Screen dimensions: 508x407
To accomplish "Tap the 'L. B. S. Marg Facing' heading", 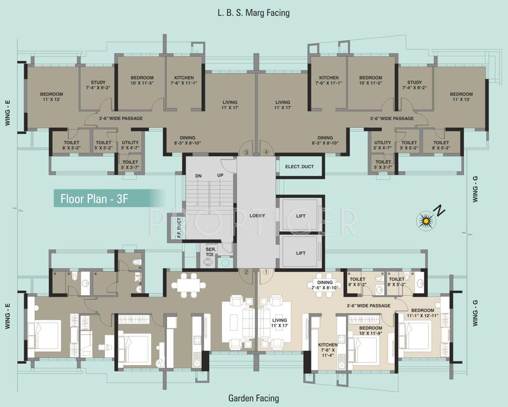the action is (253, 13).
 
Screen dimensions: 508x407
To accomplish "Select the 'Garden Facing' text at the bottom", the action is (254, 398).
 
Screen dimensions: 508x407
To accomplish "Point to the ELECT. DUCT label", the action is (299, 166).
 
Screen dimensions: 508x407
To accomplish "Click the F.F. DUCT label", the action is (180, 228).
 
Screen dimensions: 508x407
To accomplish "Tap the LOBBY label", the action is (257, 216).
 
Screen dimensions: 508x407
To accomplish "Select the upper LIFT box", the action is (300, 215).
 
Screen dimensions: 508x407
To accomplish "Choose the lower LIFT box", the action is (300, 253).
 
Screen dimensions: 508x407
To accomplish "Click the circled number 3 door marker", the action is (246, 152).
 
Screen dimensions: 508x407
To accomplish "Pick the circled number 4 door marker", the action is (266, 152).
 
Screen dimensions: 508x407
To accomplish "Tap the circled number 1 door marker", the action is (266, 272).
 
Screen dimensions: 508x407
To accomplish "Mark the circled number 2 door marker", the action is (246, 272).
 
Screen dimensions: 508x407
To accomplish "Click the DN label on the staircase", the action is (198, 176).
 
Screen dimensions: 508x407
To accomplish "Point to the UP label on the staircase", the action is (220, 175).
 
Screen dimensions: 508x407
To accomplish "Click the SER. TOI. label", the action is (211, 252).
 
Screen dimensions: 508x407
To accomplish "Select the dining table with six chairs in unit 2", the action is (189, 285).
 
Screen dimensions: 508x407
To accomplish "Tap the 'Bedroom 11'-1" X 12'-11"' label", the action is (423, 313).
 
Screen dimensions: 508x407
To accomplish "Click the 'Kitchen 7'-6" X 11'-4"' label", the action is (327, 350).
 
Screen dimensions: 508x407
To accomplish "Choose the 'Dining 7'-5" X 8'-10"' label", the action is (325, 285).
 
